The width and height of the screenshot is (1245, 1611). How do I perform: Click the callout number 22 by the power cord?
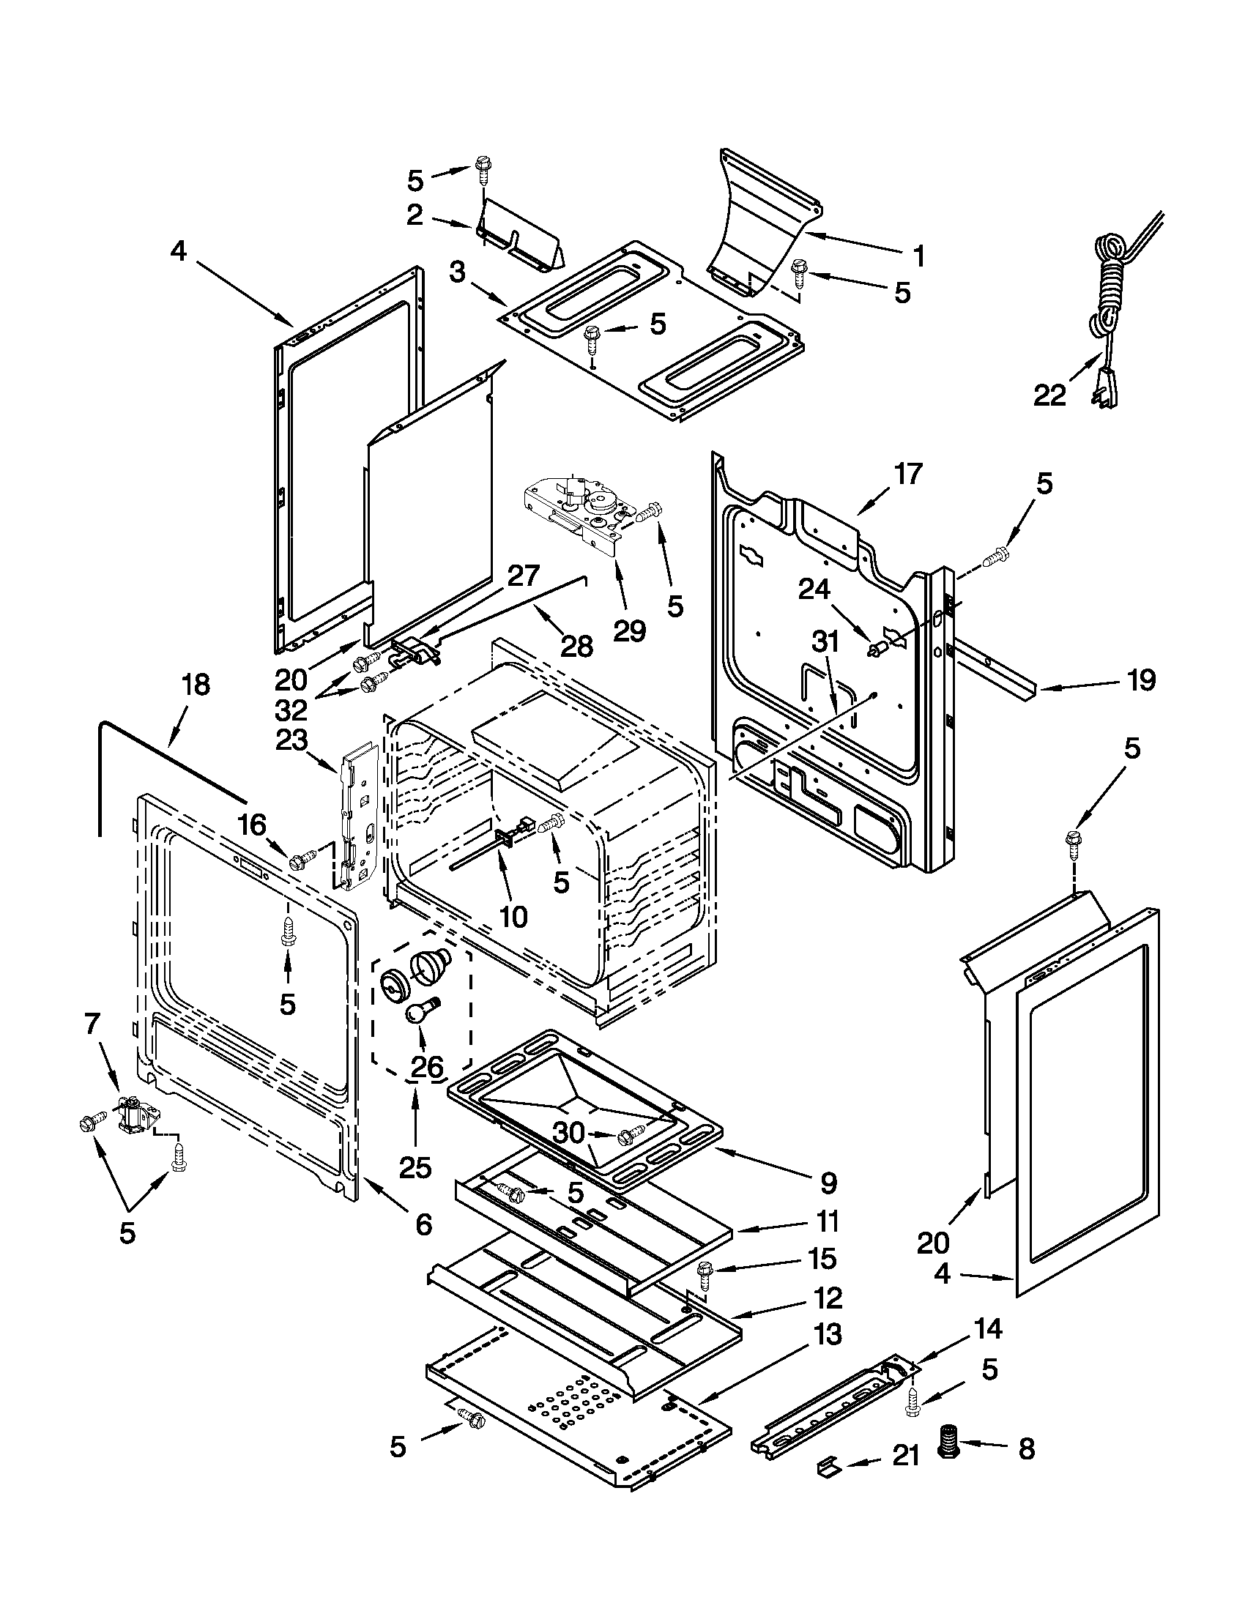(x=1049, y=396)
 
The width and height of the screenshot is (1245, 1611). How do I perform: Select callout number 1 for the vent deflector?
(x=918, y=256)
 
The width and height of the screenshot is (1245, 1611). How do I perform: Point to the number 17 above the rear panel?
(x=908, y=474)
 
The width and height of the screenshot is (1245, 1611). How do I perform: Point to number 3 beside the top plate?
(x=457, y=274)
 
